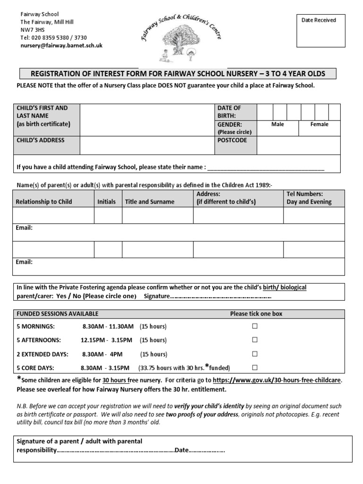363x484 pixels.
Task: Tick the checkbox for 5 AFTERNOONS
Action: point(255,340)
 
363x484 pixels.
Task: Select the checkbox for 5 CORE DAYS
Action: point(255,367)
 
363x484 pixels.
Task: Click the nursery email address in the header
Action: point(61,46)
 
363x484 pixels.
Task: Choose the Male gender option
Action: point(277,124)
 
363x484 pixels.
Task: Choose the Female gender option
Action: point(319,124)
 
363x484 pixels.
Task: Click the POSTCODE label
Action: point(232,140)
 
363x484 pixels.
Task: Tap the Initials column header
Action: point(106,202)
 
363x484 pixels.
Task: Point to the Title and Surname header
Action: point(149,202)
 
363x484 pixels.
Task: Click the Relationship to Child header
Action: point(44,202)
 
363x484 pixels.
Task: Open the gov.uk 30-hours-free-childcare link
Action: point(277,380)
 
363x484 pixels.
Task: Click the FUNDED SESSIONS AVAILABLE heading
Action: point(58,314)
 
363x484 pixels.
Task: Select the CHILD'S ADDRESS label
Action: point(41,140)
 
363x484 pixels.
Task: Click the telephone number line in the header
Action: point(53,38)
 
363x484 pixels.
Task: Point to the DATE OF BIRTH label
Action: point(229,112)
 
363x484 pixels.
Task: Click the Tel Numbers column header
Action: point(309,198)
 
